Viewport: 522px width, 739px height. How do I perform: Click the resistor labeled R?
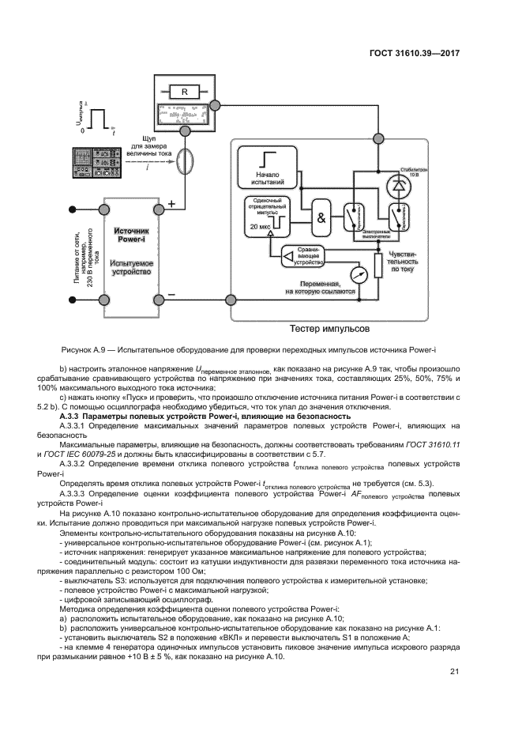184,92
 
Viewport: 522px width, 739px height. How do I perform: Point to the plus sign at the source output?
172,204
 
